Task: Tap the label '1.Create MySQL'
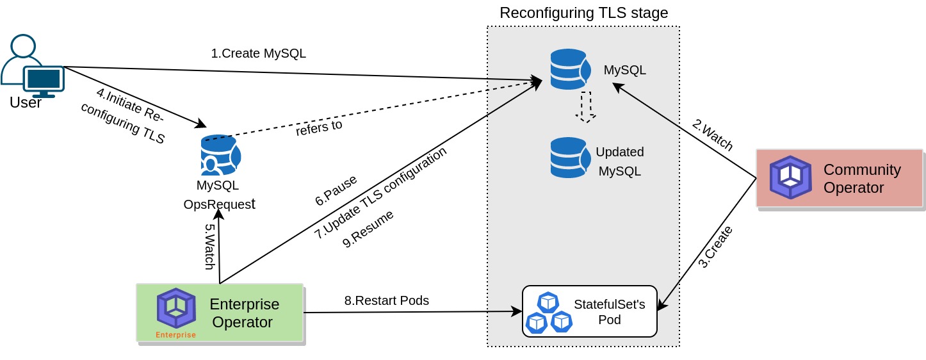[x=258, y=53]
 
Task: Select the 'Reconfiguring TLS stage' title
[x=583, y=13]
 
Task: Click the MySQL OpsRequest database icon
[x=220, y=155]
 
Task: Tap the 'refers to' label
[x=318, y=127]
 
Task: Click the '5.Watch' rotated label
[x=209, y=247]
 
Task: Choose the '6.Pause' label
[x=336, y=190]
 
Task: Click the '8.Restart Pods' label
[x=386, y=300]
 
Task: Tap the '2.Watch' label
[x=712, y=135]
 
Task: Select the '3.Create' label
[x=715, y=247]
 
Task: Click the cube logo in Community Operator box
[x=790, y=177]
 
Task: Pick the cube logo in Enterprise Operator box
[x=176, y=308]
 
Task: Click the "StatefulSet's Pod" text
[x=609, y=311]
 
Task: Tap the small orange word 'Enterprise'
[x=175, y=335]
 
